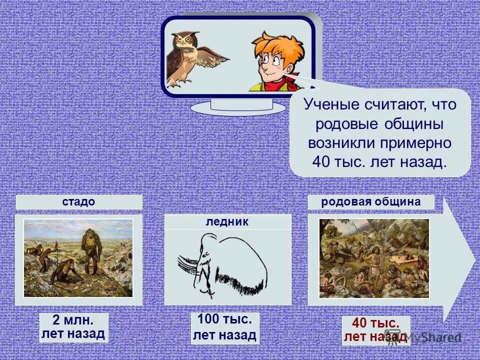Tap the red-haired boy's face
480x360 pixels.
(275, 65)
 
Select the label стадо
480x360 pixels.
(79, 202)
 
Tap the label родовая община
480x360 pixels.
(371, 202)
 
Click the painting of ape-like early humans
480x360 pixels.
(78, 258)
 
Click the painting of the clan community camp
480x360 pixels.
(374, 258)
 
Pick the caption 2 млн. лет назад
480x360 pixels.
(73, 327)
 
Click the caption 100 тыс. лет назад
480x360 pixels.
(224, 328)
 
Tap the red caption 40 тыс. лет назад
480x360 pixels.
(375, 330)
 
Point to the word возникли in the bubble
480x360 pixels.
(338, 142)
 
